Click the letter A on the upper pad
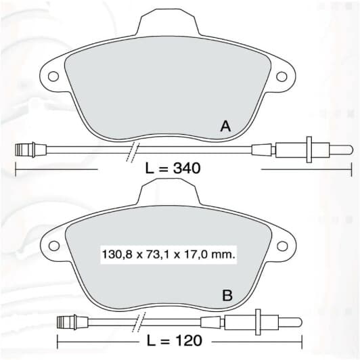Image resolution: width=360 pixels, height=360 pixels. (225, 127)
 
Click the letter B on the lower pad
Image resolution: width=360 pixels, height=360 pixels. (227, 295)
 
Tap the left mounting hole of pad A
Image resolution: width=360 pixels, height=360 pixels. (53, 76)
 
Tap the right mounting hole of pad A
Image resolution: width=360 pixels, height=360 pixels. (282, 76)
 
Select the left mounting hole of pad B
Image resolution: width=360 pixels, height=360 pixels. (54, 246)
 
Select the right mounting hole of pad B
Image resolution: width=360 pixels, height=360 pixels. (282, 246)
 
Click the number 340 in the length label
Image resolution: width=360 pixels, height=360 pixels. (187, 168)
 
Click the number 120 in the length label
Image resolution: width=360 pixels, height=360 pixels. (188, 340)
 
